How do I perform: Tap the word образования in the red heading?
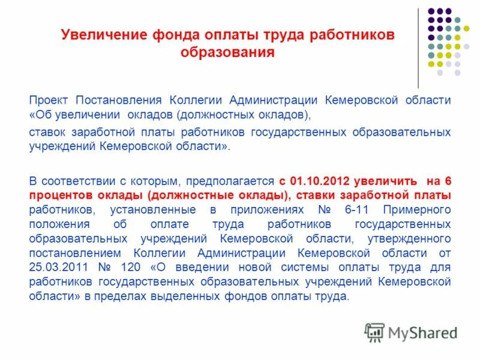[228, 52]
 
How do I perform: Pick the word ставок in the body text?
[49, 131]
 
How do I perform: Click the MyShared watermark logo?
[411, 332]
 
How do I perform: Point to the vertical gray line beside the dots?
[418, 48]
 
